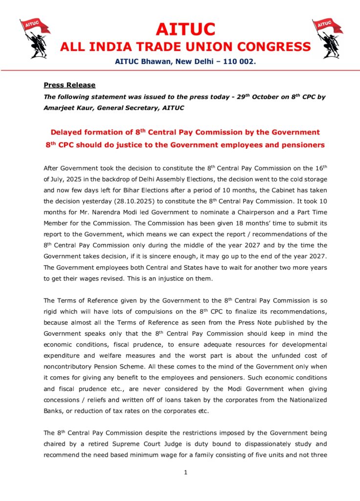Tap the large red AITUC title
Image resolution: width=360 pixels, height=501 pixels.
185,29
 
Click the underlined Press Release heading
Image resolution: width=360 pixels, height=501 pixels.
69,85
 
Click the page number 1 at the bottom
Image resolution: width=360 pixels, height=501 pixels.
186,472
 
